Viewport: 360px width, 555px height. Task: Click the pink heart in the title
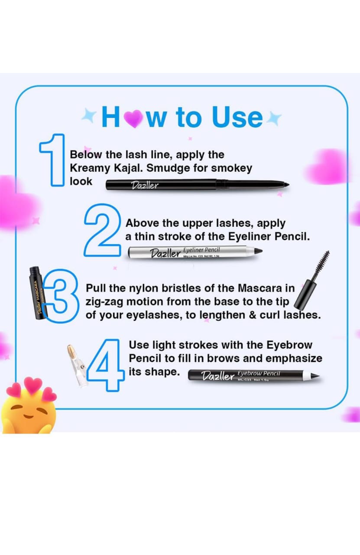(134, 118)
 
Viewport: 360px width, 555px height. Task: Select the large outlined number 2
(101, 230)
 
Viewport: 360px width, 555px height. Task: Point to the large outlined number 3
(63, 296)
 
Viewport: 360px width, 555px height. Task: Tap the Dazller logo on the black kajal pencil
(145, 186)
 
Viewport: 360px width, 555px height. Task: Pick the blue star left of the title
(89, 116)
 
